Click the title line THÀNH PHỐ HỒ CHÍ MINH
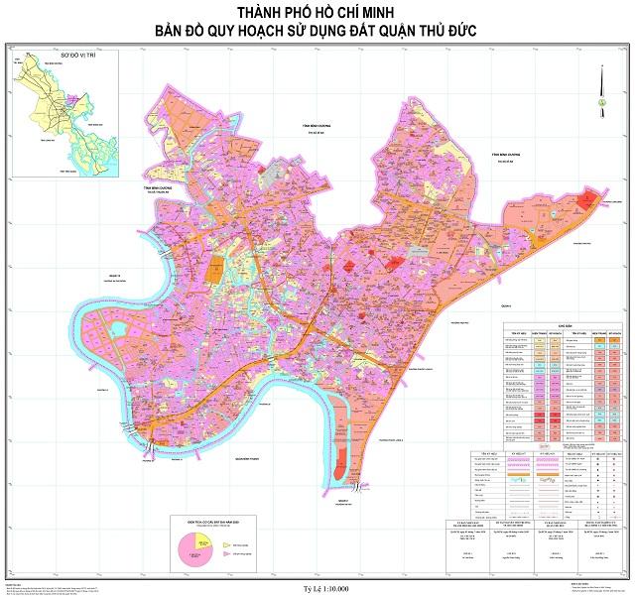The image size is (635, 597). click(317, 11)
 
